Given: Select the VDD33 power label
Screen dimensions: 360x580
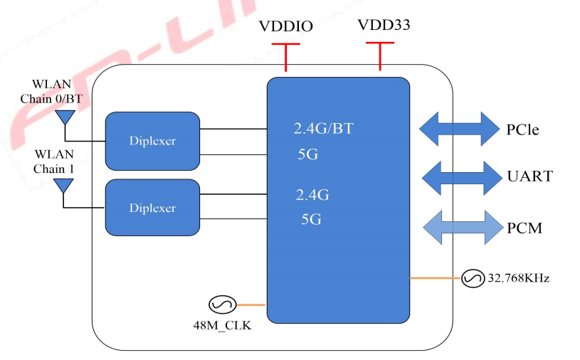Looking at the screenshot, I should click(x=384, y=26).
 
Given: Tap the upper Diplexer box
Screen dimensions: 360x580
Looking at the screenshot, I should click(x=152, y=141).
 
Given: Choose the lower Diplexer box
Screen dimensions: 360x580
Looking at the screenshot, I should click(x=152, y=208).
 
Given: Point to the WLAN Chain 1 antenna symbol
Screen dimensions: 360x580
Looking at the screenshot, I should click(x=64, y=186).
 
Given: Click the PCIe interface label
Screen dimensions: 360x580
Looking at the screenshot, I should click(x=523, y=130).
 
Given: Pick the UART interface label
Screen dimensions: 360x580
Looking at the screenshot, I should click(x=529, y=176).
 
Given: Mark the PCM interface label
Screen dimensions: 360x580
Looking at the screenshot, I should click(x=524, y=228).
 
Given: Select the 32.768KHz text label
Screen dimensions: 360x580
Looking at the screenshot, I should click(x=517, y=278).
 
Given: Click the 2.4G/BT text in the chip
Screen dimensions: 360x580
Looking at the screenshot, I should click(x=323, y=129).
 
